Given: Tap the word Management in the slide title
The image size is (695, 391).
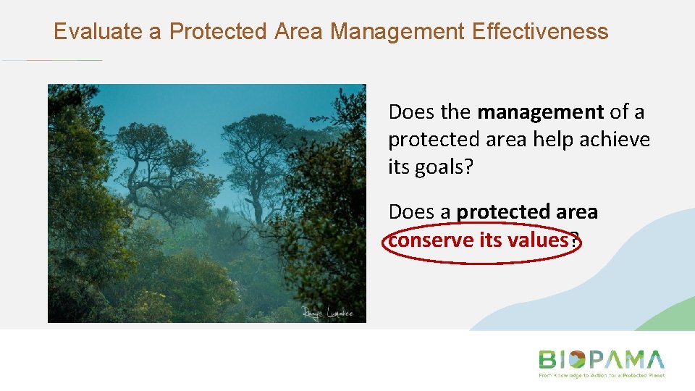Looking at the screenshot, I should pos(397,32).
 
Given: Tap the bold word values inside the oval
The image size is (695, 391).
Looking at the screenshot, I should pos(535,240).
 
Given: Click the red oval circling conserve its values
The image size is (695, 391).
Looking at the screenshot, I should pos(481,259).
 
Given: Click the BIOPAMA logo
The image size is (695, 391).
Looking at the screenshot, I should pos(601,360).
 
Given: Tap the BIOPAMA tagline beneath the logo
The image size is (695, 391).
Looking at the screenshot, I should pos(601,376).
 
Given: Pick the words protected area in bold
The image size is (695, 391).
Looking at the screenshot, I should pos(527,212).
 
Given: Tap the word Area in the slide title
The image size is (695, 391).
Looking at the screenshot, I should pos(300,32).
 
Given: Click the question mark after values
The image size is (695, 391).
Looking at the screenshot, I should pos(574,240).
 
